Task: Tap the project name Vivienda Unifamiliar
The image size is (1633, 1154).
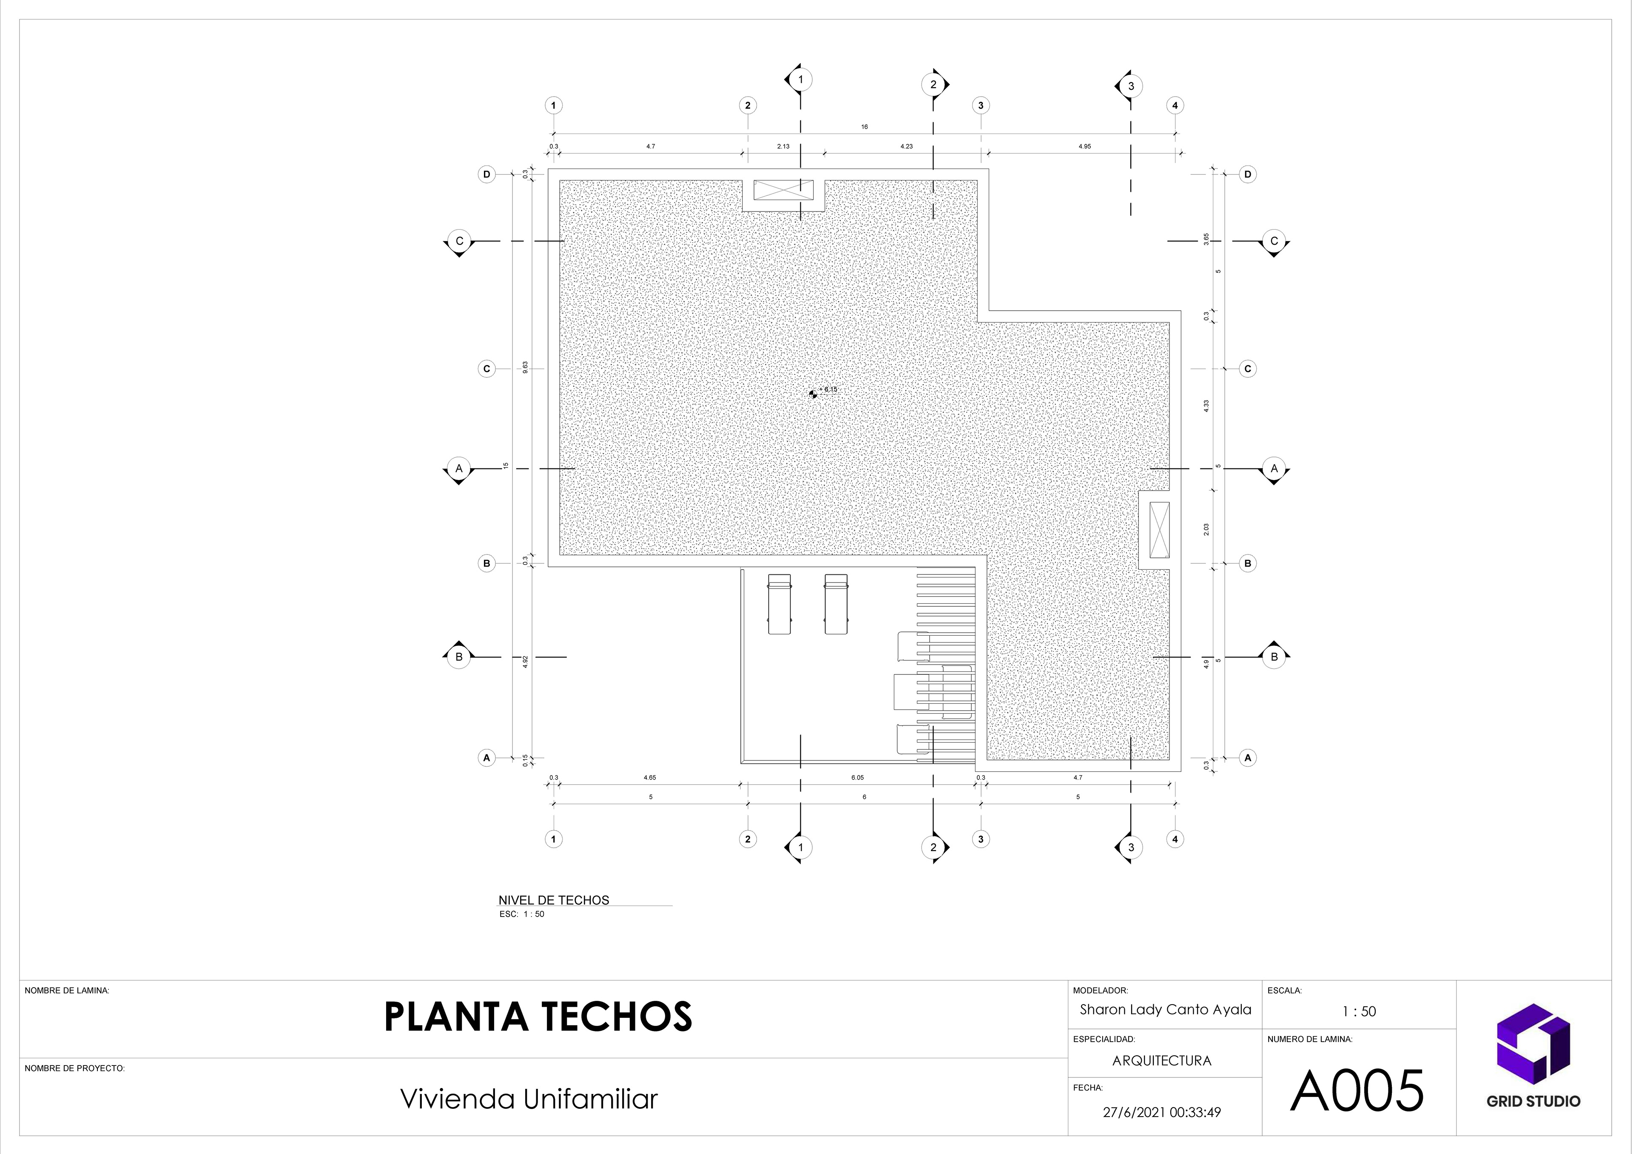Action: click(529, 1099)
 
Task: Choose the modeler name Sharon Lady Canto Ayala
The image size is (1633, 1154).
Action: click(1166, 1010)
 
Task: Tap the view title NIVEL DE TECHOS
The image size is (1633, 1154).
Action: click(553, 900)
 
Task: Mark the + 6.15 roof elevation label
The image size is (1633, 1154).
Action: click(828, 390)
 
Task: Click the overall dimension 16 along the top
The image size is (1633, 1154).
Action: click(864, 127)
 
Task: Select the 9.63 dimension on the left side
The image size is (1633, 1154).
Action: click(525, 368)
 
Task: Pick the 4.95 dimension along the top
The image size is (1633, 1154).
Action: click(1084, 146)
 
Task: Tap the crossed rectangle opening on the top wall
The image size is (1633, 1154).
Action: click(783, 190)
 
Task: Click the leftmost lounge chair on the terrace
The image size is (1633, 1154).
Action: click(780, 603)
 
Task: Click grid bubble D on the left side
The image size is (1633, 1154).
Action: click(486, 174)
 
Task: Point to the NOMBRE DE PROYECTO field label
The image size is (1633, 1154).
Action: click(75, 1068)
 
